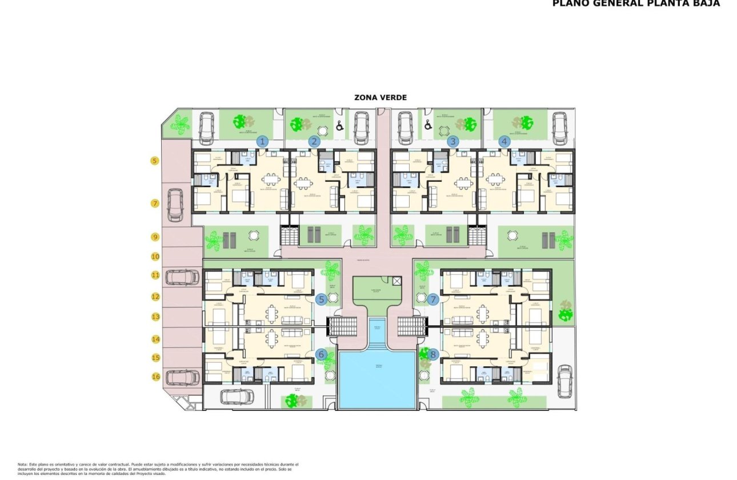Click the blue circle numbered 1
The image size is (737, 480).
pyautogui.click(x=262, y=141)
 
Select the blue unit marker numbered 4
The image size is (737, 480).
pyautogui.click(x=504, y=141)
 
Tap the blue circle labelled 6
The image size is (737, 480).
pyautogui.click(x=322, y=355)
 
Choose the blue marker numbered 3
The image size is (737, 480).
pyautogui.click(x=453, y=141)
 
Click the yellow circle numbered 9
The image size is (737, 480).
pyautogui.click(x=155, y=237)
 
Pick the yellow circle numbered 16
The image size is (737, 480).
pyautogui.click(x=155, y=377)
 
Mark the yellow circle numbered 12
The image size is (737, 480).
pyautogui.click(x=155, y=297)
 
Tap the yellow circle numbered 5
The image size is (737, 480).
pyautogui.click(x=155, y=161)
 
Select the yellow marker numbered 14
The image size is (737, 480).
pyautogui.click(x=155, y=339)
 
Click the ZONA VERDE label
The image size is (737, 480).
pyautogui.click(x=380, y=98)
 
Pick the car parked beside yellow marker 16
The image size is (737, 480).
pyautogui.click(x=182, y=377)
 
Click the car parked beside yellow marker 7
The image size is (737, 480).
pyautogui.click(x=175, y=205)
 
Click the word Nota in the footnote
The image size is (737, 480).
pyautogui.click(x=23, y=465)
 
